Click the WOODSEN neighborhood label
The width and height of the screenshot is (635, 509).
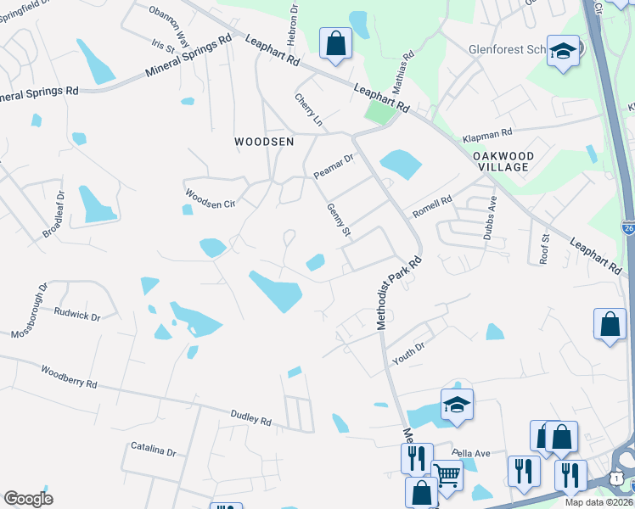click(x=264, y=143)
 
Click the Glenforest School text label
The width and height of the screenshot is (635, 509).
click(x=507, y=50)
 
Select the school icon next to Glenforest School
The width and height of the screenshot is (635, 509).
click(x=562, y=51)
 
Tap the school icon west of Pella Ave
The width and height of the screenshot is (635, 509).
click(x=456, y=405)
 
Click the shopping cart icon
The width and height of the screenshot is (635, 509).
click(x=447, y=475)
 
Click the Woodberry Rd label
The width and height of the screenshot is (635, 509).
click(x=68, y=377)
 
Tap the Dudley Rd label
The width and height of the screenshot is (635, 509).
click(x=250, y=417)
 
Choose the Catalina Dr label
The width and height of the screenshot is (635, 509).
click(x=153, y=449)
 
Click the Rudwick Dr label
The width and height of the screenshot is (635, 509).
click(x=76, y=315)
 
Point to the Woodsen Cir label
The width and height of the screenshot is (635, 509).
click(x=209, y=197)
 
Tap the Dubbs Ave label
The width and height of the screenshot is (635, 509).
click(x=490, y=218)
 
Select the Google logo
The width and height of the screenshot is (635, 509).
click(x=28, y=499)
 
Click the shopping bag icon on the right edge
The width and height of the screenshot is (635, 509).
click(x=610, y=324)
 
